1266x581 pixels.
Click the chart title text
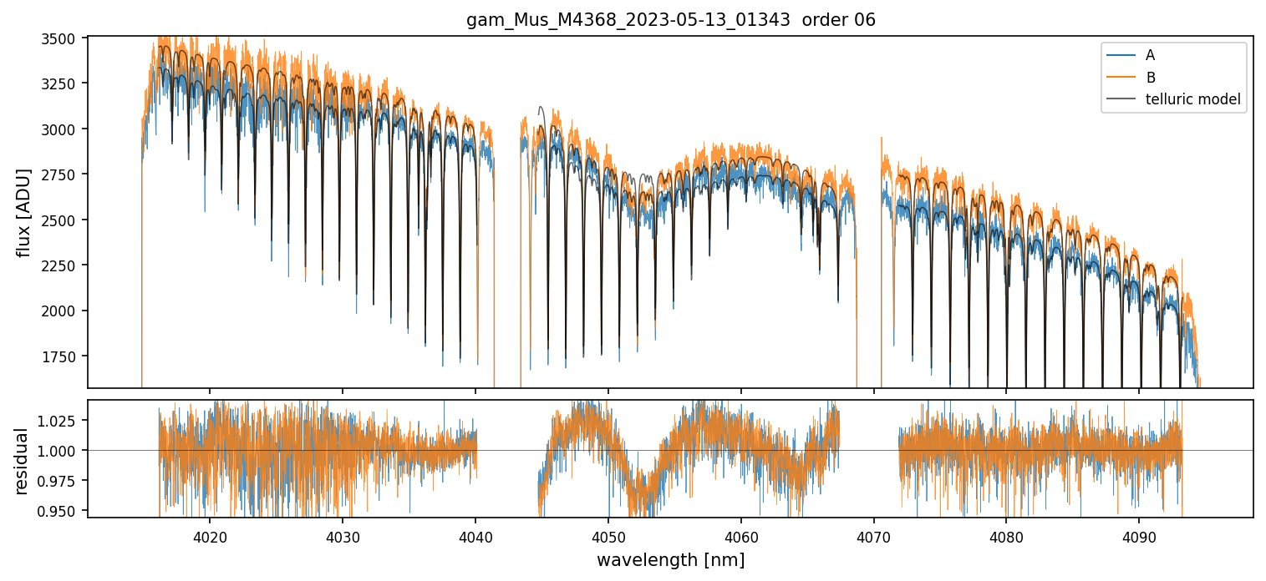[670, 20]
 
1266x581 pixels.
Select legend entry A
[1150, 55]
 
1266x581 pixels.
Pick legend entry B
[1150, 78]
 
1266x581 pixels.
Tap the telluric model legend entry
[1192, 99]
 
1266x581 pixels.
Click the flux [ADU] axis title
[23, 212]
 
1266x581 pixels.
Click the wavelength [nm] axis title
[670, 560]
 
